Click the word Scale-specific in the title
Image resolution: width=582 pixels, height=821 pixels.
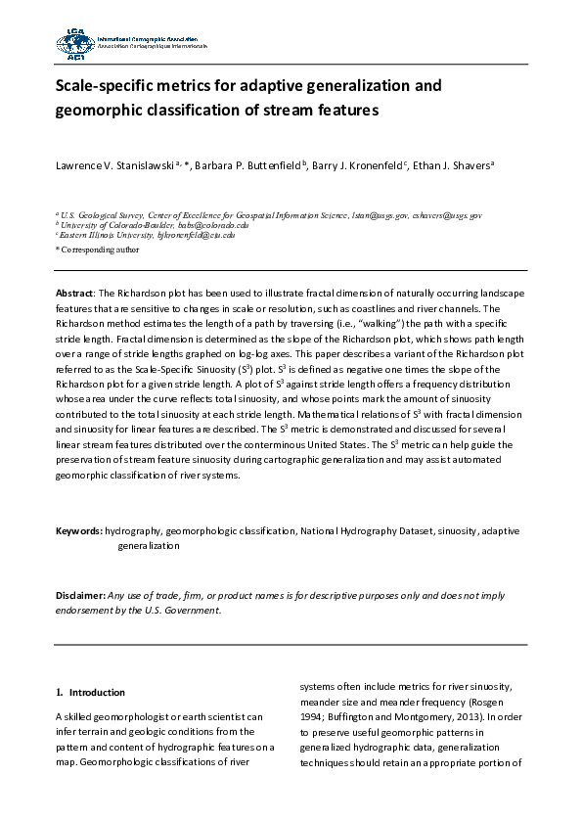98,86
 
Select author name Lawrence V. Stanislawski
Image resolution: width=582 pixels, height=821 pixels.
112,165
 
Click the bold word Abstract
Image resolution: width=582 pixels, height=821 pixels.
72,294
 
